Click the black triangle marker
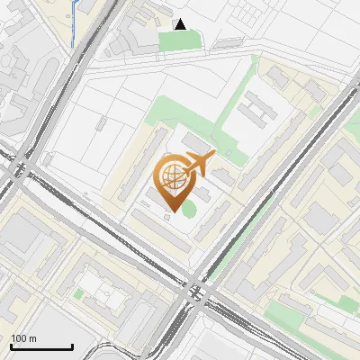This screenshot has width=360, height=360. (181, 24)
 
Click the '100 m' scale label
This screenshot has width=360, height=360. (23, 338)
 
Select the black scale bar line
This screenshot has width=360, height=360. (41, 346)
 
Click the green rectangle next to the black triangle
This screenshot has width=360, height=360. (175, 40)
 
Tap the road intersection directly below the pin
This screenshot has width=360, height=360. (193, 292)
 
